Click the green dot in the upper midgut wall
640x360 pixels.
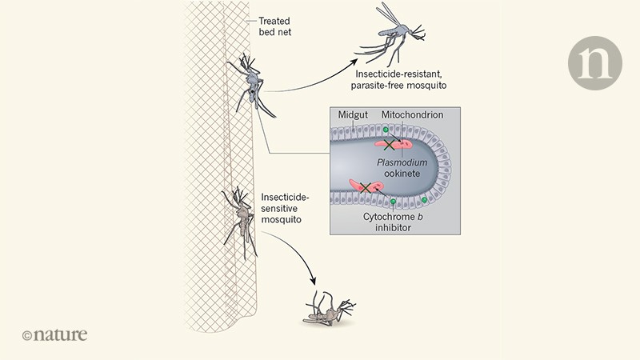point(386,130)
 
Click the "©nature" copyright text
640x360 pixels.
point(54,334)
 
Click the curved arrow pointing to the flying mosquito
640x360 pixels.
point(312,76)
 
